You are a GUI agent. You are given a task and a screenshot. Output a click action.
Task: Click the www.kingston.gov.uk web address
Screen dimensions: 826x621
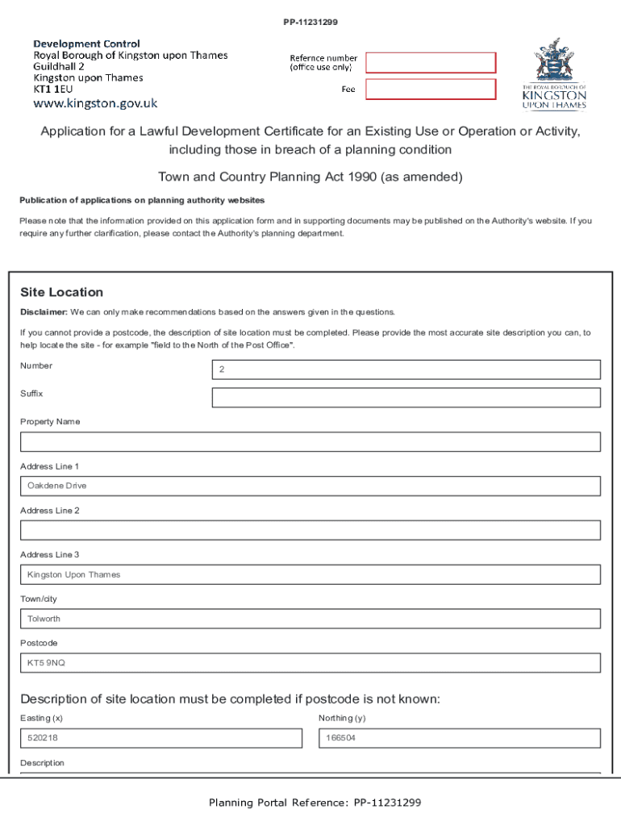tap(95, 103)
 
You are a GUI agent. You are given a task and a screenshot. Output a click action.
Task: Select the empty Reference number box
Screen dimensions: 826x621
tap(431, 63)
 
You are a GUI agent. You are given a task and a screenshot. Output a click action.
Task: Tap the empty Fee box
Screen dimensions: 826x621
tap(431, 90)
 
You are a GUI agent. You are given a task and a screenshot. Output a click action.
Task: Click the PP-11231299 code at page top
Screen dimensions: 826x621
tap(310, 23)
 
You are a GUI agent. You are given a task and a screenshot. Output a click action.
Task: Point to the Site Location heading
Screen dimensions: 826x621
tap(61, 292)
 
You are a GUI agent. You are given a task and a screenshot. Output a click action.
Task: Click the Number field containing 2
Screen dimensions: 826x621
tap(406, 369)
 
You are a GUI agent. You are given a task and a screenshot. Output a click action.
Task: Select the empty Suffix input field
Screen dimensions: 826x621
tap(406, 398)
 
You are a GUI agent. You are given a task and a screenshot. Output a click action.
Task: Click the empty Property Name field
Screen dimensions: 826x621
tap(310, 442)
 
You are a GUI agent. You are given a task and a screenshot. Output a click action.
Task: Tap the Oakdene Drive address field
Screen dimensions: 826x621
tap(310, 486)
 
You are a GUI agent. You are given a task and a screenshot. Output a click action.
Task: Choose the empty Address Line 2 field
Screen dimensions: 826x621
tap(310, 530)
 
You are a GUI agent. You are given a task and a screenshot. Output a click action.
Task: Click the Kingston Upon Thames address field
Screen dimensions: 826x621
tap(310, 574)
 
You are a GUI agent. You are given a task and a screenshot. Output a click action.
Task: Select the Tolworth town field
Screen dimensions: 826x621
tap(310, 619)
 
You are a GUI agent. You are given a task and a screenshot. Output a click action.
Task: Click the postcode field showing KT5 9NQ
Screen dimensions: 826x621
tap(310, 663)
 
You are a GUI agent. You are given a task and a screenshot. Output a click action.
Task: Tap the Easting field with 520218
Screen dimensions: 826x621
tap(160, 738)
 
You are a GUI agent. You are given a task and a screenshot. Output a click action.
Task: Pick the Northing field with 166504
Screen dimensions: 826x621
tap(459, 738)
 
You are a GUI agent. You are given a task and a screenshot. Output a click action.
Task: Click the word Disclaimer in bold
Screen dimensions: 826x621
tap(44, 311)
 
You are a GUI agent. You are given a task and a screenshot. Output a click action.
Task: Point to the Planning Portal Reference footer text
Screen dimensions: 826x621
tap(315, 803)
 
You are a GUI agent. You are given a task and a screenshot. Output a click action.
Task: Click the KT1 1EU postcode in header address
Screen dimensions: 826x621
tap(52, 90)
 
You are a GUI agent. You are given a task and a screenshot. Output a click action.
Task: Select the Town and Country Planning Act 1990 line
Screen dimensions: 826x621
tap(310, 177)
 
